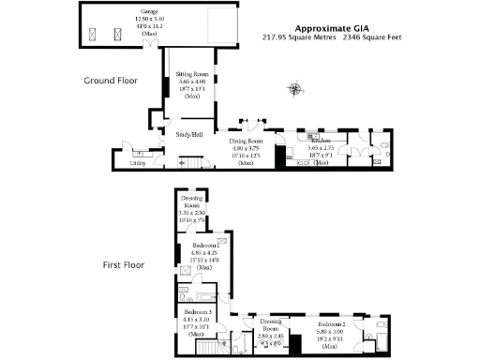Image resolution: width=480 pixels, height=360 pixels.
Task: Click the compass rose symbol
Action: click(x=296, y=90)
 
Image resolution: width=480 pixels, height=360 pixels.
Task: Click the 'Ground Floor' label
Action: click(x=111, y=81)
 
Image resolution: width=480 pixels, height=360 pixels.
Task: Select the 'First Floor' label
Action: click(x=122, y=265)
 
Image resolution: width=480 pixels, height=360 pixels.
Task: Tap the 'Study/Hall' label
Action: click(x=190, y=135)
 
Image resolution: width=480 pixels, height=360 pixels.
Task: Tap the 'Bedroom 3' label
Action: click(x=197, y=311)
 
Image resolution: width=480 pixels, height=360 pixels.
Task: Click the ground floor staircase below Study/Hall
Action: click(x=197, y=163)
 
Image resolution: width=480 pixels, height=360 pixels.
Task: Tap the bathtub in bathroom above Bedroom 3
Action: click(x=188, y=292)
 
